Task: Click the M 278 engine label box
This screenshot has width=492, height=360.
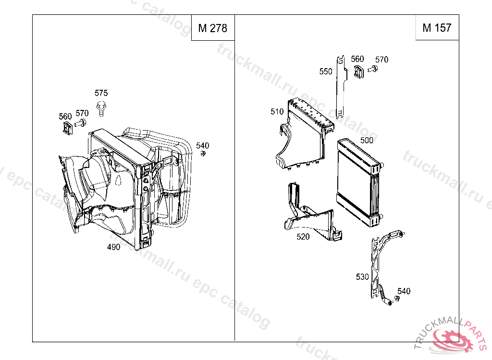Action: pos(213,27)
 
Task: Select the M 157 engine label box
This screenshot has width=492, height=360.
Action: pos(437,27)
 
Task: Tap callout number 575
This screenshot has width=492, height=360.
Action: pos(101,93)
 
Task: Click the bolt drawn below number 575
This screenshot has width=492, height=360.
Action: pos(101,108)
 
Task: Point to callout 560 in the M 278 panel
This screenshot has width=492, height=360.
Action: pos(65,116)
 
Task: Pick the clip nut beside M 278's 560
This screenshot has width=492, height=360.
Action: pos(67,128)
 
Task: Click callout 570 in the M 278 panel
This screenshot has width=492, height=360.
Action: pos(82,113)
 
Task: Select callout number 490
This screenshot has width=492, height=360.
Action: pos(113,247)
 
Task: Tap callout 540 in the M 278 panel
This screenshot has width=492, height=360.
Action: pos(202,145)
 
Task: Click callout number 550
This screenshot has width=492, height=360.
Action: pos(326,72)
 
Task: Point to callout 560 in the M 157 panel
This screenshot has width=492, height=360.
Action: pos(357,59)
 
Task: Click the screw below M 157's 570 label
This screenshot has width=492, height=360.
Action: pos(372,69)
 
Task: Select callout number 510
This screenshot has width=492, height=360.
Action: pos(277,112)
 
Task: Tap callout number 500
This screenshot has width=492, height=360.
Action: pos(367,140)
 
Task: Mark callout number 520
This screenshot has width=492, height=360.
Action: pos(303,237)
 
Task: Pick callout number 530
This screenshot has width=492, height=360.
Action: pos(362,277)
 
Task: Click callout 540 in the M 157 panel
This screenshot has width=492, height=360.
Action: pos(404,291)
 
